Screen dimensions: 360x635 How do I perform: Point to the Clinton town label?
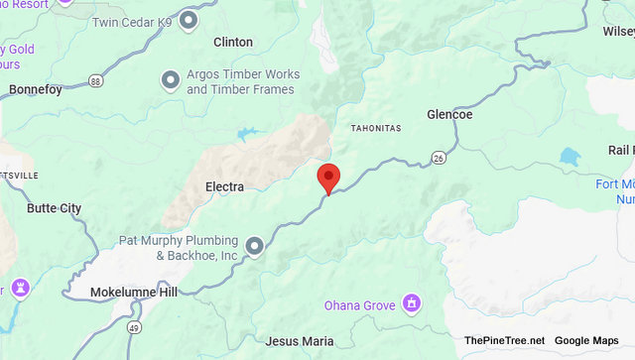233,43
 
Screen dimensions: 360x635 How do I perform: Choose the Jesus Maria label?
300,341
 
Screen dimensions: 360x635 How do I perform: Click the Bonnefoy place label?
36,89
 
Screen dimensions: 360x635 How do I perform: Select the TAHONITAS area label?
376,129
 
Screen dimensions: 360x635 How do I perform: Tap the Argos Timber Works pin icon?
171,77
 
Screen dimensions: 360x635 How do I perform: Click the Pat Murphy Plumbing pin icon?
255,245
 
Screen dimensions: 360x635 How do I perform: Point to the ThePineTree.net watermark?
504,341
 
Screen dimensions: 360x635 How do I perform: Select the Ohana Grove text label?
362,304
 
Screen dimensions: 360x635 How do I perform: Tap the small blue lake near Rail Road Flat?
569,157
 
